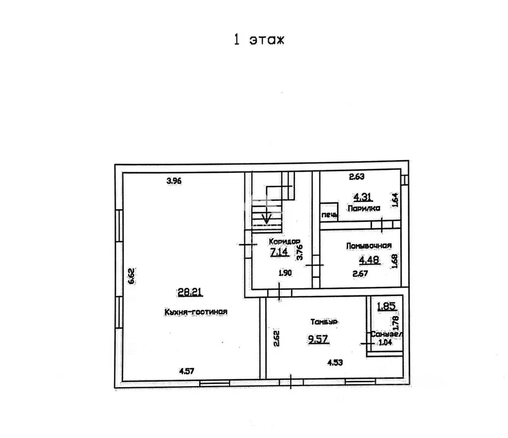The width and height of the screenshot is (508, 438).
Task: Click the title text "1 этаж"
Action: click(x=259, y=39)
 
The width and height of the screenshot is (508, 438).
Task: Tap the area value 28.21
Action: click(x=190, y=292)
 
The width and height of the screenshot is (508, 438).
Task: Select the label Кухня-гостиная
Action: click(x=196, y=312)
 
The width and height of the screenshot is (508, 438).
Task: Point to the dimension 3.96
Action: click(x=174, y=181)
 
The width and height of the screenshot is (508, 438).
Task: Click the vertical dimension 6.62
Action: click(x=131, y=276)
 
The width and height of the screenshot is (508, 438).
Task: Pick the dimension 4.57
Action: click(x=187, y=371)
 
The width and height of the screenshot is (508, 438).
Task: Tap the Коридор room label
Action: click(x=284, y=242)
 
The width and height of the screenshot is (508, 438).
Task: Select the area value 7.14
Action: click(x=279, y=252)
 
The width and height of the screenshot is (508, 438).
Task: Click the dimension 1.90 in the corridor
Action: click(x=285, y=273)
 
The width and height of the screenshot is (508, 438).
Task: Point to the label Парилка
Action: click(x=363, y=208)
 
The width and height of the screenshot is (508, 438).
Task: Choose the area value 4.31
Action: click(x=363, y=197)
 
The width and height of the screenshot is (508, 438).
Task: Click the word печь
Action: click(x=330, y=215)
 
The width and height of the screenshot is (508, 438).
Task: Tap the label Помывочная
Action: click(x=369, y=246)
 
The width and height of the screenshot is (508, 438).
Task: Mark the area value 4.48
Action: click(x=369, y=260)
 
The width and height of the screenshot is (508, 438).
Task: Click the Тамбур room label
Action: click(x=324, y=322)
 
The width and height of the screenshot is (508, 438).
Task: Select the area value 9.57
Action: click(x=318, y=339)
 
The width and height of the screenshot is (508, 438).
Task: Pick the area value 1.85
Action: click(x=386, y=306)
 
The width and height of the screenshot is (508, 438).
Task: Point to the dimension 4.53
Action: click(x=335, y=362)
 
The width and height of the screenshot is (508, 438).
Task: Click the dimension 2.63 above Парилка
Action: click(x=357, y=176)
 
